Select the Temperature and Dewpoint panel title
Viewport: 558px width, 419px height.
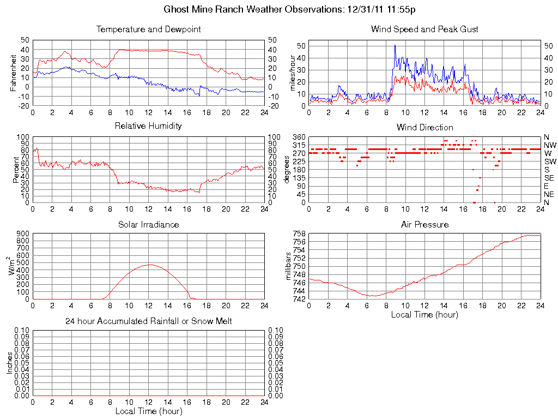(x=148, y=29)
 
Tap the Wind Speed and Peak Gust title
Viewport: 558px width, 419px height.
(x=424, y=29)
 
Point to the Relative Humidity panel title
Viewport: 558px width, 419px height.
(x=148, y=126)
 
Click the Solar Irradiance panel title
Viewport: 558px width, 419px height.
(x=148, y=224)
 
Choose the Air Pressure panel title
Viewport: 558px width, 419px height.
(x=424, y=224)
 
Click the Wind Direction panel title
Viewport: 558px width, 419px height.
(x=424, y=127)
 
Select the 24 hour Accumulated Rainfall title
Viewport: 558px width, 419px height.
(x=148, y=321)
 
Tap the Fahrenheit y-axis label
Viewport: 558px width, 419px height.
(x=14, y=73)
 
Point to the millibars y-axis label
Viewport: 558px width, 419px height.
(x=289, y=266)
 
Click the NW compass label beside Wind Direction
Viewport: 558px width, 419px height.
(x=549, y=145)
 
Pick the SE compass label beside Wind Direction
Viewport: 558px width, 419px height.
(x=549, y=178)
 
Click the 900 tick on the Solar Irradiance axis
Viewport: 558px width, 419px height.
(x=23, y=234)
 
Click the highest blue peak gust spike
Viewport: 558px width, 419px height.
(x=395, y=45)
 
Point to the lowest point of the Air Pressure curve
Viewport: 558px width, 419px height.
(x=372, y=296)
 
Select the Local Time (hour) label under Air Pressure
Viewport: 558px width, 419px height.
(x=424, y=314)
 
